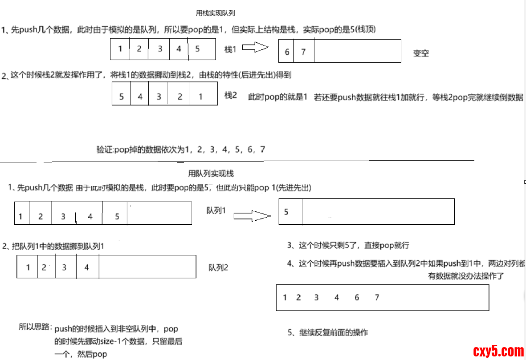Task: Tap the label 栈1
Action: click(x=230, y=49)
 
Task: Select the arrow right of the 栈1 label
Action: click(x=255, y=48)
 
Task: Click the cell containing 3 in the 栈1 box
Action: click(x=159, y=49)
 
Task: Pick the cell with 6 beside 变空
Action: click(x=287, y=52)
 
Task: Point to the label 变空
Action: click(x=421, y=53)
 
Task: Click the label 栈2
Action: click(x=231, y=95)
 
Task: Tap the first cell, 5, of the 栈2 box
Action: click(x=122, y=96)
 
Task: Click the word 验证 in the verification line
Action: click(x=104, y=150)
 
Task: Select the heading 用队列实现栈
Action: click(x=211, y=174)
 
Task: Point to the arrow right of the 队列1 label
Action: click(x=252, y=216)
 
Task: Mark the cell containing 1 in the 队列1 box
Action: click(x=21, y=216)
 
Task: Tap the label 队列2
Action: click(x=218, y=267)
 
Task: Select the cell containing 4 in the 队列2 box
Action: click(x=87, y=267)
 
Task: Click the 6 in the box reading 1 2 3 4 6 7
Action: click(x=357, y=297)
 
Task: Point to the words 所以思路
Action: click(x=35, y=327)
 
